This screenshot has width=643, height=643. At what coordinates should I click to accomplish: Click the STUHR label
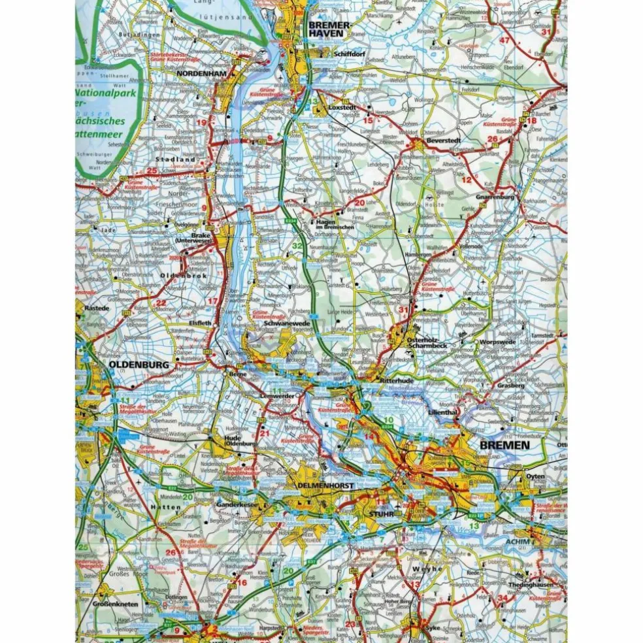point(380,514)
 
